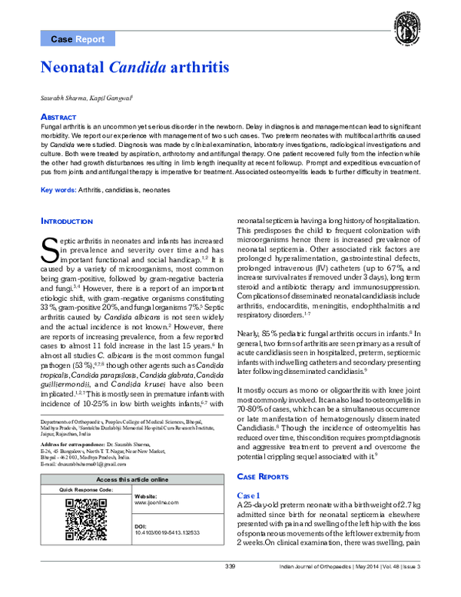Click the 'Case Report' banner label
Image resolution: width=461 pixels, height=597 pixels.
click(x=78, y=38)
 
